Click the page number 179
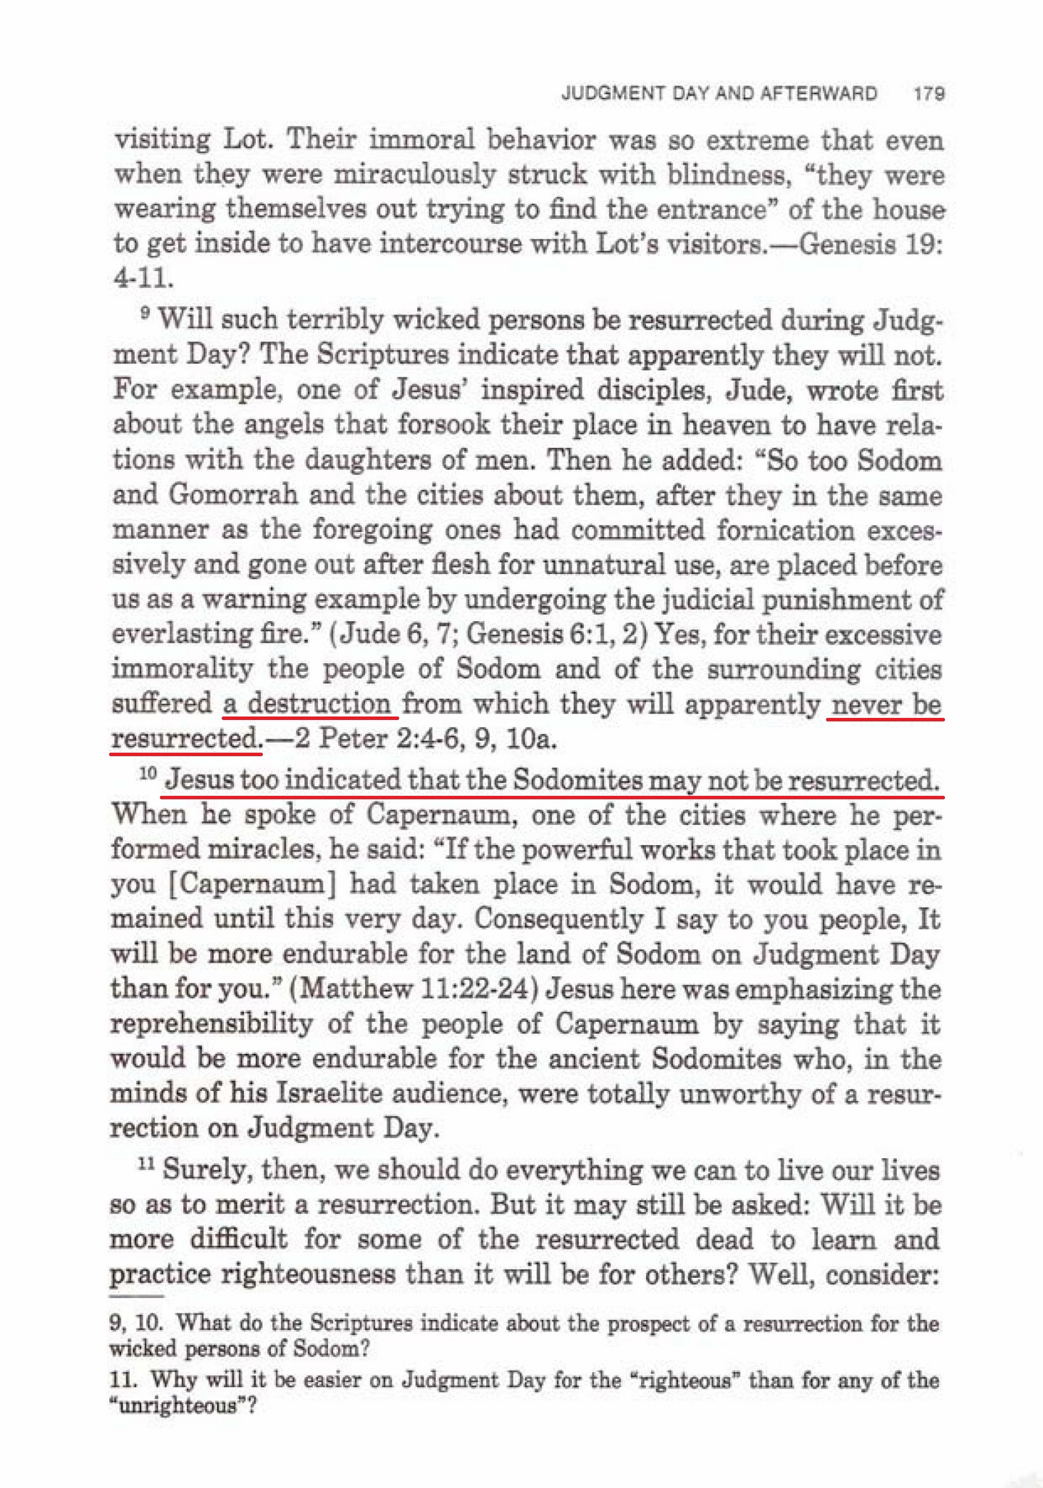click(929, 94)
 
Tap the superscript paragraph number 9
click(144, 314)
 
